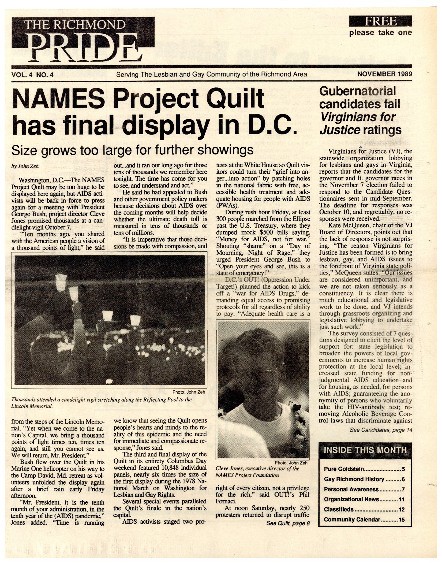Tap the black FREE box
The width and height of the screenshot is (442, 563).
click(380, 21)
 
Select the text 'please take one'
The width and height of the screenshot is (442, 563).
click(380, 33)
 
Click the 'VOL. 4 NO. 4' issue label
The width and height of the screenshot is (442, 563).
click(32, 75)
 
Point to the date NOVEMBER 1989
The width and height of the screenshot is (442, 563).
click(385, 74)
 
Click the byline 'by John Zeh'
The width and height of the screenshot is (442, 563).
click(25, 166)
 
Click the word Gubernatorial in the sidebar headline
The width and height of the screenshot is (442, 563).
click(358, 91)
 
